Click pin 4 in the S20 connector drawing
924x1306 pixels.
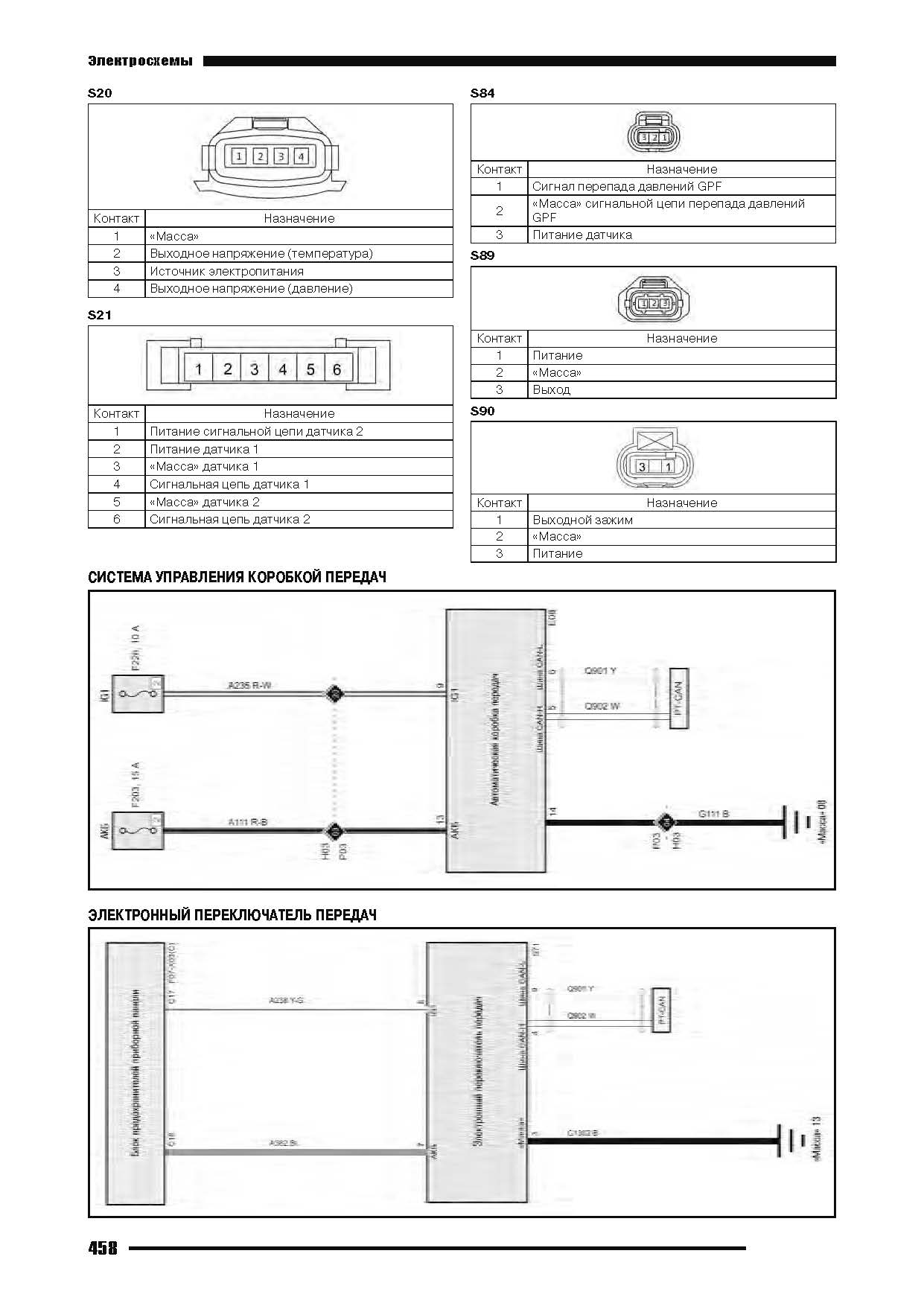tap(301, 156)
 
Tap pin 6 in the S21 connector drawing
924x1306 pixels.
tap(337, 369)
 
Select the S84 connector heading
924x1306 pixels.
tap(482, 93)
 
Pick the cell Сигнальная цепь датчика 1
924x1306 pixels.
tap(229, 484)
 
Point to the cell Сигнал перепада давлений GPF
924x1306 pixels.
tap(626, 186)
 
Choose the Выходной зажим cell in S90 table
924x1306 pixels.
tap(582, 520)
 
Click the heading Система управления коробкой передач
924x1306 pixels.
tap(237, 577)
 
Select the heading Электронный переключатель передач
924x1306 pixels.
tap(232, 915)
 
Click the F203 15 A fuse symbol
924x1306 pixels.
tap(138, 830)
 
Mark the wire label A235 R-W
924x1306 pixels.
tap(249, 684)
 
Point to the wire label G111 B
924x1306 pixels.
tap(713, 814)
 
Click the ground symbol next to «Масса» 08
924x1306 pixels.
tap(794, 824)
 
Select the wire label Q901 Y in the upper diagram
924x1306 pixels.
tap(600, 671)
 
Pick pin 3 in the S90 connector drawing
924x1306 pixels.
tap(642, 467)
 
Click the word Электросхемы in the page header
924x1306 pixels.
tap(140, 61)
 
